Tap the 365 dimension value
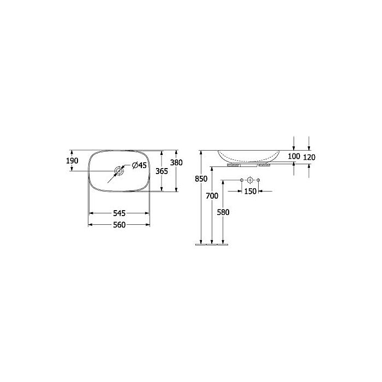pos(162,171)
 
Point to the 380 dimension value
pos(176,163)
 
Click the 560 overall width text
pos(119,224)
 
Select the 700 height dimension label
pos(212,195)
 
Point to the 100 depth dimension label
pos(294,157)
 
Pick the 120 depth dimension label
pos(309,157)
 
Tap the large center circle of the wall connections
pos(249,180)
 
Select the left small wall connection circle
pos(241,180)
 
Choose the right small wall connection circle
pos(258,180)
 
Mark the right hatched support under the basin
pos(265,164)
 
